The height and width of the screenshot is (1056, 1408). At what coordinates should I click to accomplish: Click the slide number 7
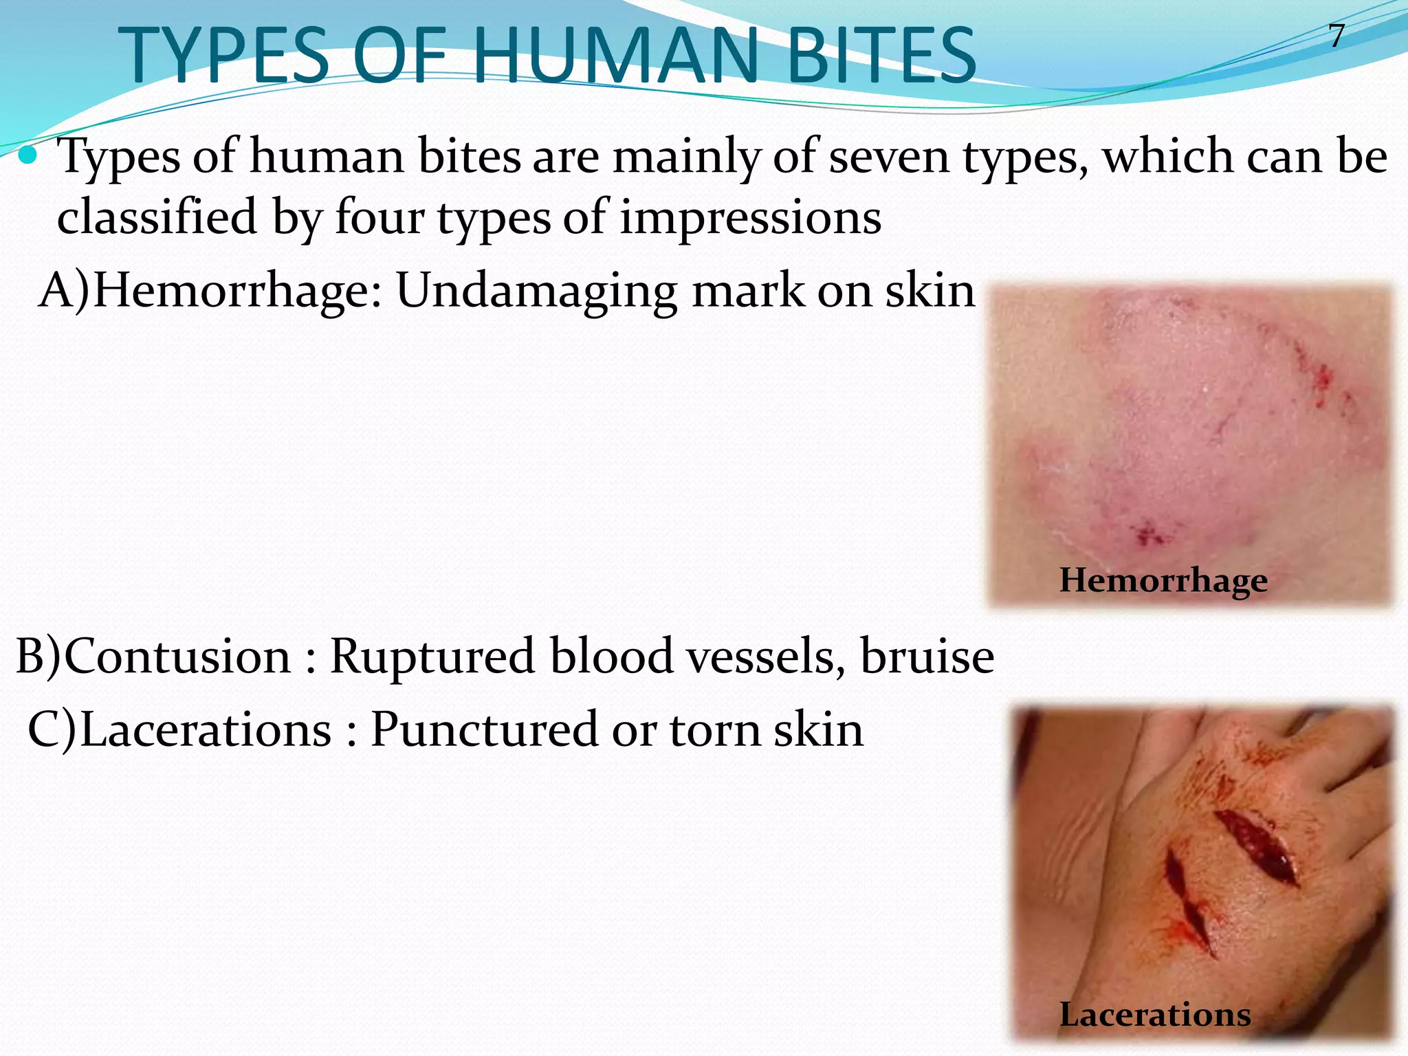(1336, 36)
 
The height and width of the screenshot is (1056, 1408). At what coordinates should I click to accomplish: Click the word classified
(157, 218)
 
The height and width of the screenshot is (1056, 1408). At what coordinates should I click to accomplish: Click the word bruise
(927, 656)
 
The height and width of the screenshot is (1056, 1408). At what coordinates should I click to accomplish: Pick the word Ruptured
(432, 656)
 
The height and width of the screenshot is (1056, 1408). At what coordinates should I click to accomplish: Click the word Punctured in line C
(484, 729)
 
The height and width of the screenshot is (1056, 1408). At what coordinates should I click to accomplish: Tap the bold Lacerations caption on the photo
(1155, 1014)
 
